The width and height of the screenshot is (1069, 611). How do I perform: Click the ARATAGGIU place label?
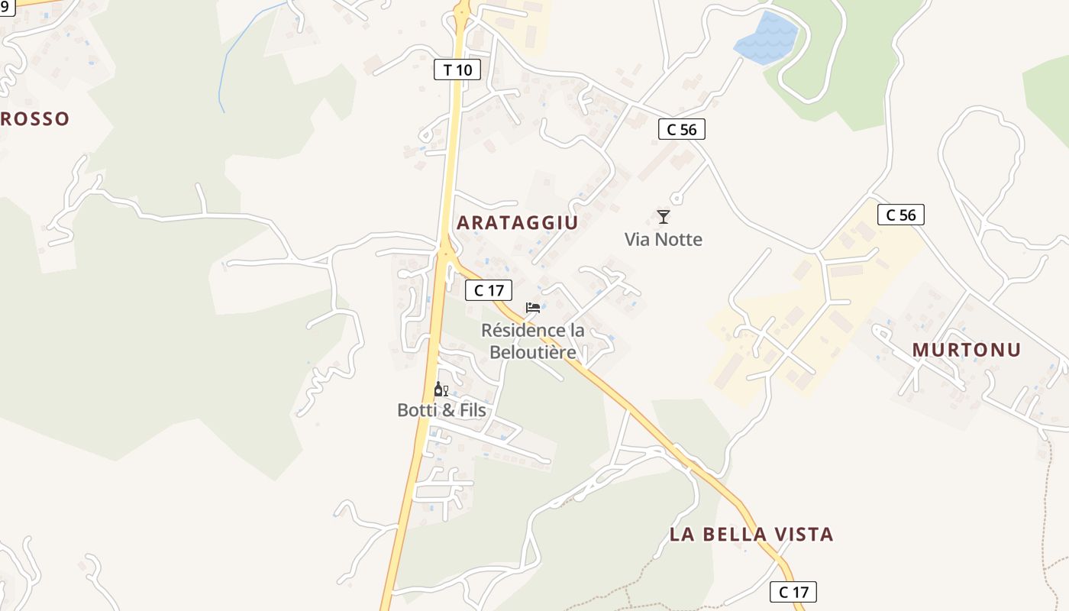(517, 223)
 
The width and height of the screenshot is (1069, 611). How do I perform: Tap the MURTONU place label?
(966, 350)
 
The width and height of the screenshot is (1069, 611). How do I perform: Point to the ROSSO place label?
(35, 119)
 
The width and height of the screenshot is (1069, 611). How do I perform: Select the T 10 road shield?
(457, 70)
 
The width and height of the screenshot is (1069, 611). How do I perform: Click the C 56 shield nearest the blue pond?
(681, 130)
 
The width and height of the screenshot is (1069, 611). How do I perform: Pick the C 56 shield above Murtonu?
(900, 215)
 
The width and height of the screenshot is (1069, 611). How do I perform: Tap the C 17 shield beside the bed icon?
(489, 290)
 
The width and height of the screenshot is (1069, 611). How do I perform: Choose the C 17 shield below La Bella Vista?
(793, 592)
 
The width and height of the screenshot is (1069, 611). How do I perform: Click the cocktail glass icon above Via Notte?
(663, 217)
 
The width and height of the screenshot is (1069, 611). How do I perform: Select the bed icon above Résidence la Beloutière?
(533, 308)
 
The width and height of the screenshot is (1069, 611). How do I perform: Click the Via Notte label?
(663, 240)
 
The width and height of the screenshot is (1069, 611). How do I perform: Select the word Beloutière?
(532, 352)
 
